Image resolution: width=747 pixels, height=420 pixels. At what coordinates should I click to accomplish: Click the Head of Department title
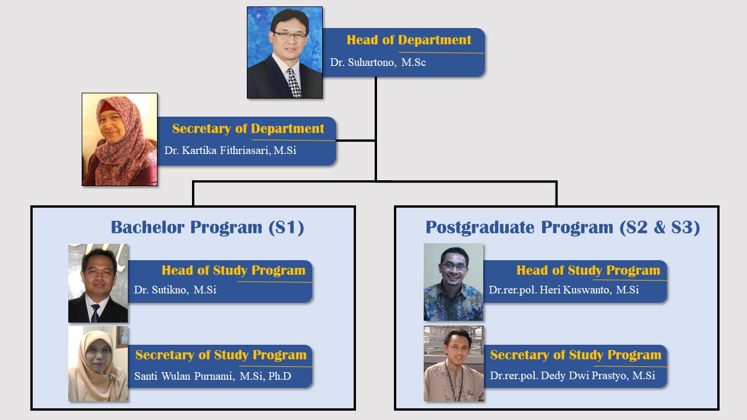click(409, 40)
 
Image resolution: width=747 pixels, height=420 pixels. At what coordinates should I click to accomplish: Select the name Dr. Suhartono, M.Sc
click(378, 62)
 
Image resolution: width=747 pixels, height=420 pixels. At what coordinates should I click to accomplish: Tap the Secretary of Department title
click(248, 129)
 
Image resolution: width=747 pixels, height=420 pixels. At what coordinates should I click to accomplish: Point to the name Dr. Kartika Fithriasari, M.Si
click(230, 150)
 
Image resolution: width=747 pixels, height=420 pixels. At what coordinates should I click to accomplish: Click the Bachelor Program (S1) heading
click(207, 228)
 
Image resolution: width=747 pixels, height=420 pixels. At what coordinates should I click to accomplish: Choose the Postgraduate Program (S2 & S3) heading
click(563, 228)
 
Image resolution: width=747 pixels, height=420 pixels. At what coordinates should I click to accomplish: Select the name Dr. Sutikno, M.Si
click(175, 290)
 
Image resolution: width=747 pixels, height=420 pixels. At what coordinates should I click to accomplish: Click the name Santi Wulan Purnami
click(184, 376)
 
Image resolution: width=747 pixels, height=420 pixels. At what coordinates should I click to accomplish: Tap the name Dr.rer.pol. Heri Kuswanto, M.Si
click(564, 290)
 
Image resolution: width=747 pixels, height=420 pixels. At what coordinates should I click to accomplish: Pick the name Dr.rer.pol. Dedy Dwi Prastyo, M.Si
click(573, 376)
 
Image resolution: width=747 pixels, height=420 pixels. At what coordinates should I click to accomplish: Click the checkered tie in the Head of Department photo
click(294, 83)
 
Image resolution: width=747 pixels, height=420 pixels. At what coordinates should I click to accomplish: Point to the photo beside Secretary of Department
click(120, 139)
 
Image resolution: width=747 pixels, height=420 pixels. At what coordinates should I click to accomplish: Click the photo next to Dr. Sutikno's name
click(98, 283)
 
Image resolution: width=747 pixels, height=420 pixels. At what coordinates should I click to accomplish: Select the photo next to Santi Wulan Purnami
click(98, 363)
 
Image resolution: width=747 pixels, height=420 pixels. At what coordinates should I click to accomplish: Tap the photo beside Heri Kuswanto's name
click(453, 282)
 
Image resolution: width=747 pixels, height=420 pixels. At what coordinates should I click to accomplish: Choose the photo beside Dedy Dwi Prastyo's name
click(453, 363)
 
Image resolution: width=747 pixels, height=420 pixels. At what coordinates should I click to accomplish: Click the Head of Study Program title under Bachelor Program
click(233, 270)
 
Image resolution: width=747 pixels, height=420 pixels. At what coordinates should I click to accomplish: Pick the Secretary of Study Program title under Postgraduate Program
click(575, 355)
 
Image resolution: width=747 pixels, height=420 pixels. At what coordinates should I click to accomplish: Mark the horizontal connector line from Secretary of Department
click(355, 141)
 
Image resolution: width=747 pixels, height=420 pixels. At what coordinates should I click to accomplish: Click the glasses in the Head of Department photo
click(290, 34)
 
